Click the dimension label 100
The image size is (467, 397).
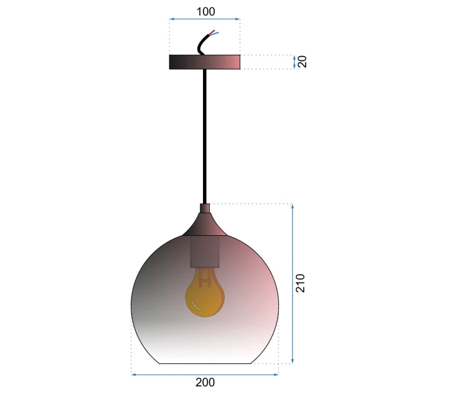tap(205, 12)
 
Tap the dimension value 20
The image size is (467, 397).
tap(302, 62)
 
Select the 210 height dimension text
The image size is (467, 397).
tap(300, 283)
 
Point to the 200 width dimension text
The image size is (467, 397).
tap(205, 383)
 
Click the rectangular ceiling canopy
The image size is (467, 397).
tap(205, 62)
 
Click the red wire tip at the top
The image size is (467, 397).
tap(213, 30)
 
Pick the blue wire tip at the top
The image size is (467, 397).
tap(217, 33)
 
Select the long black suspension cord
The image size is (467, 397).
tap(205, 136)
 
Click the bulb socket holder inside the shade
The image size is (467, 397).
tap(205, 251)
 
